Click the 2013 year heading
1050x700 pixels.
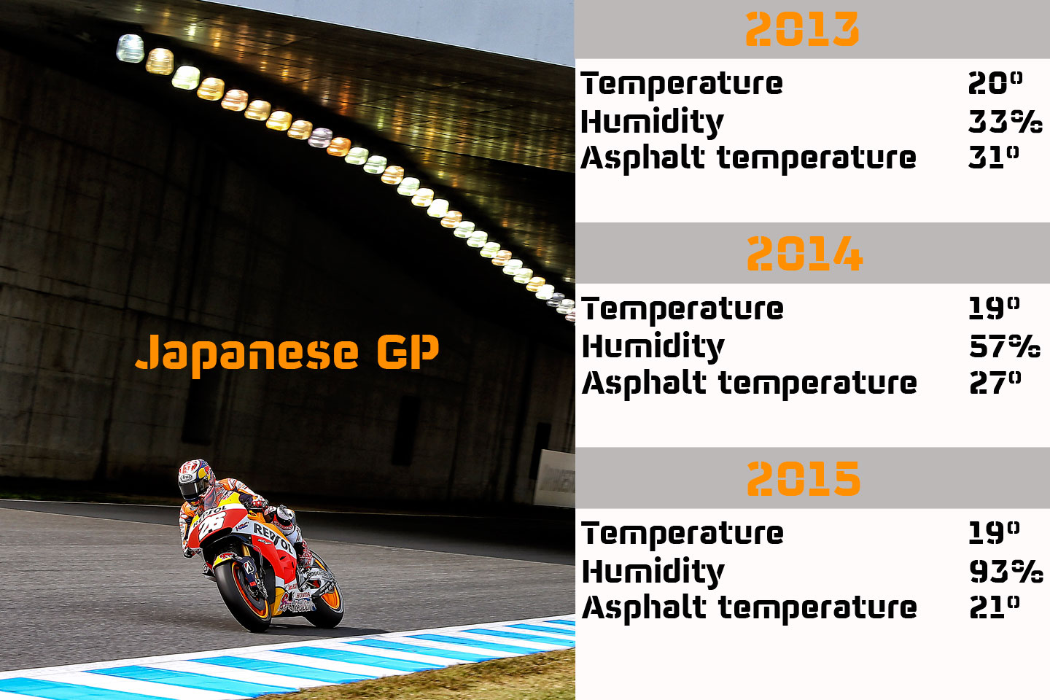pos(802,30)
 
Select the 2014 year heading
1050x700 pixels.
pos(804,254)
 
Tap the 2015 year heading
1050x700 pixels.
pos(804,479)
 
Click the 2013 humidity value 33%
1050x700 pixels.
pos(1005,121)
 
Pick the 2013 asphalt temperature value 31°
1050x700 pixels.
pos(994,157)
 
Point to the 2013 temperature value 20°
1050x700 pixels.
pos(995,83)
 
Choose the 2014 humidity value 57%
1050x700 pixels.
pos(1005,346)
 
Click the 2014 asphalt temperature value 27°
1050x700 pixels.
pos(995,383)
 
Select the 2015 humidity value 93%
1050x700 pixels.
pos(1006,571)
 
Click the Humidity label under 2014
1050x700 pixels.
pos(653,346)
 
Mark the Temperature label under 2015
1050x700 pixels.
pos(682,533)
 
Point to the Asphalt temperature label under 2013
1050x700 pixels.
pos(748,158)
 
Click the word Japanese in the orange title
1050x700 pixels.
pos(247,353)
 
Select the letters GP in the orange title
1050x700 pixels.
pos(408,352)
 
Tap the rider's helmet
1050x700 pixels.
pos(195,478)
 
